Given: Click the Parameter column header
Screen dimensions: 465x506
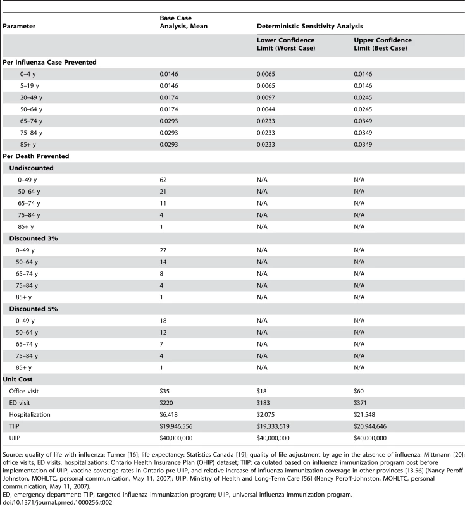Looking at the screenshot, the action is click(19, 26).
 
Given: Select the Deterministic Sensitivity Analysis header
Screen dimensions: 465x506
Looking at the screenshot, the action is click(310, 26).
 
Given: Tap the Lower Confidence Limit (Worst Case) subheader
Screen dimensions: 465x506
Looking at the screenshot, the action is click(286, 44).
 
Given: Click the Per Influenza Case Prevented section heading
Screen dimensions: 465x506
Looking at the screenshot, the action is click(50, 62).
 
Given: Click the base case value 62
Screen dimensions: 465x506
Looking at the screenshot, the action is click(163, 180).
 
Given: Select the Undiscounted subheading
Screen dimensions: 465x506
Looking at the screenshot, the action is click(31, 168).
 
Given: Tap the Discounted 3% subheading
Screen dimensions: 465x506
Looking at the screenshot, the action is click(34, 238).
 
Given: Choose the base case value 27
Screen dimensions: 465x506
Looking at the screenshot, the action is click(163, 250).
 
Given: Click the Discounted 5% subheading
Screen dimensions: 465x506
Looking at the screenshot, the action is click(34, 309).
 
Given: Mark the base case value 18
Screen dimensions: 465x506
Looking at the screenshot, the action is click(163, 321).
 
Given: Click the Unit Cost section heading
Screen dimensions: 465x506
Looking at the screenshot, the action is click(18, 379).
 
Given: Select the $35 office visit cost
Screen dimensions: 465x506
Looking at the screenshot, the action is click(164, 391).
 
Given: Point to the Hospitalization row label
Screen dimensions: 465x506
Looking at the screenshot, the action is click(30, 415).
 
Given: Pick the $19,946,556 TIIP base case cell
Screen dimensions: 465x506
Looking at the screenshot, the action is click(176, 426).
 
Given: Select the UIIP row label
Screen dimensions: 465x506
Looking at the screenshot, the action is click(14, 438).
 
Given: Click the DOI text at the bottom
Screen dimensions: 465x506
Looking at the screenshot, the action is click(58, 502).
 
